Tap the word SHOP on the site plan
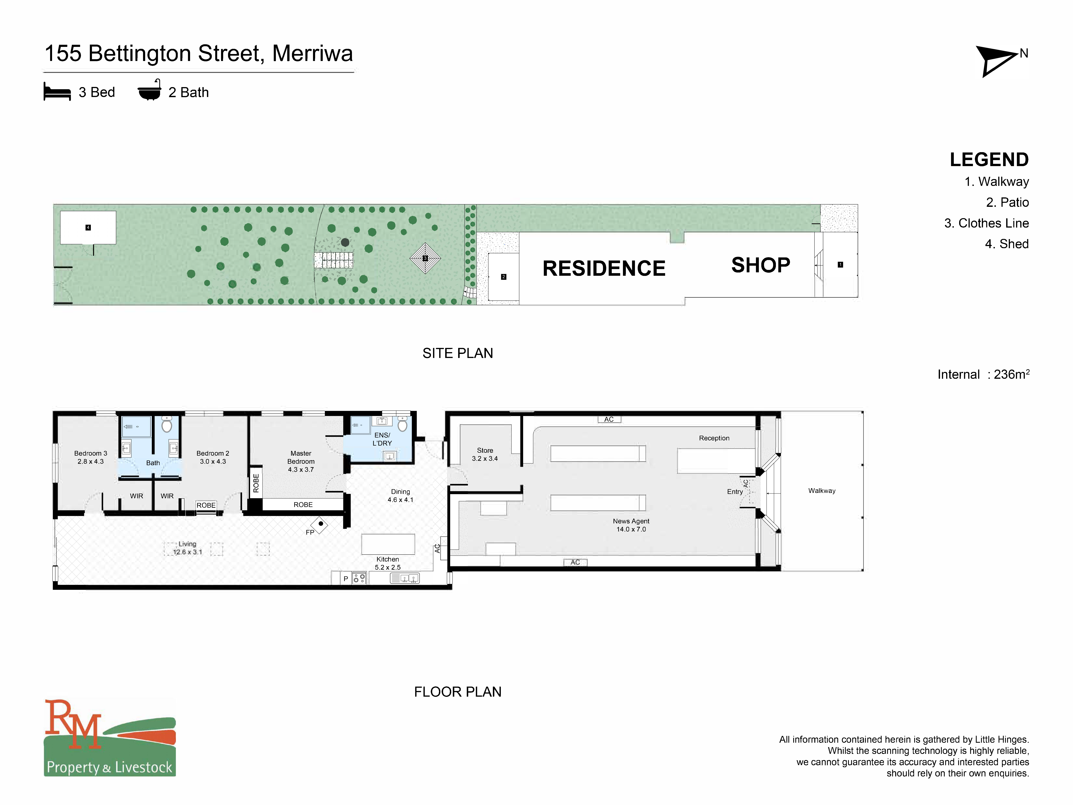(760, 265)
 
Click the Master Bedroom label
(301, 461)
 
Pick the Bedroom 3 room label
(91, 457)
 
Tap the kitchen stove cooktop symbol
(359, 578)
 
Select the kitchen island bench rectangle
(388, 544)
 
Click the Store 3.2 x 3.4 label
(485, 454)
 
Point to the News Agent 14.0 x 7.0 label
(631, 525)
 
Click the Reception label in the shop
(714, 438)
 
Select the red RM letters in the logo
(73, 723)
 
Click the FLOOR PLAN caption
(457, 692)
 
